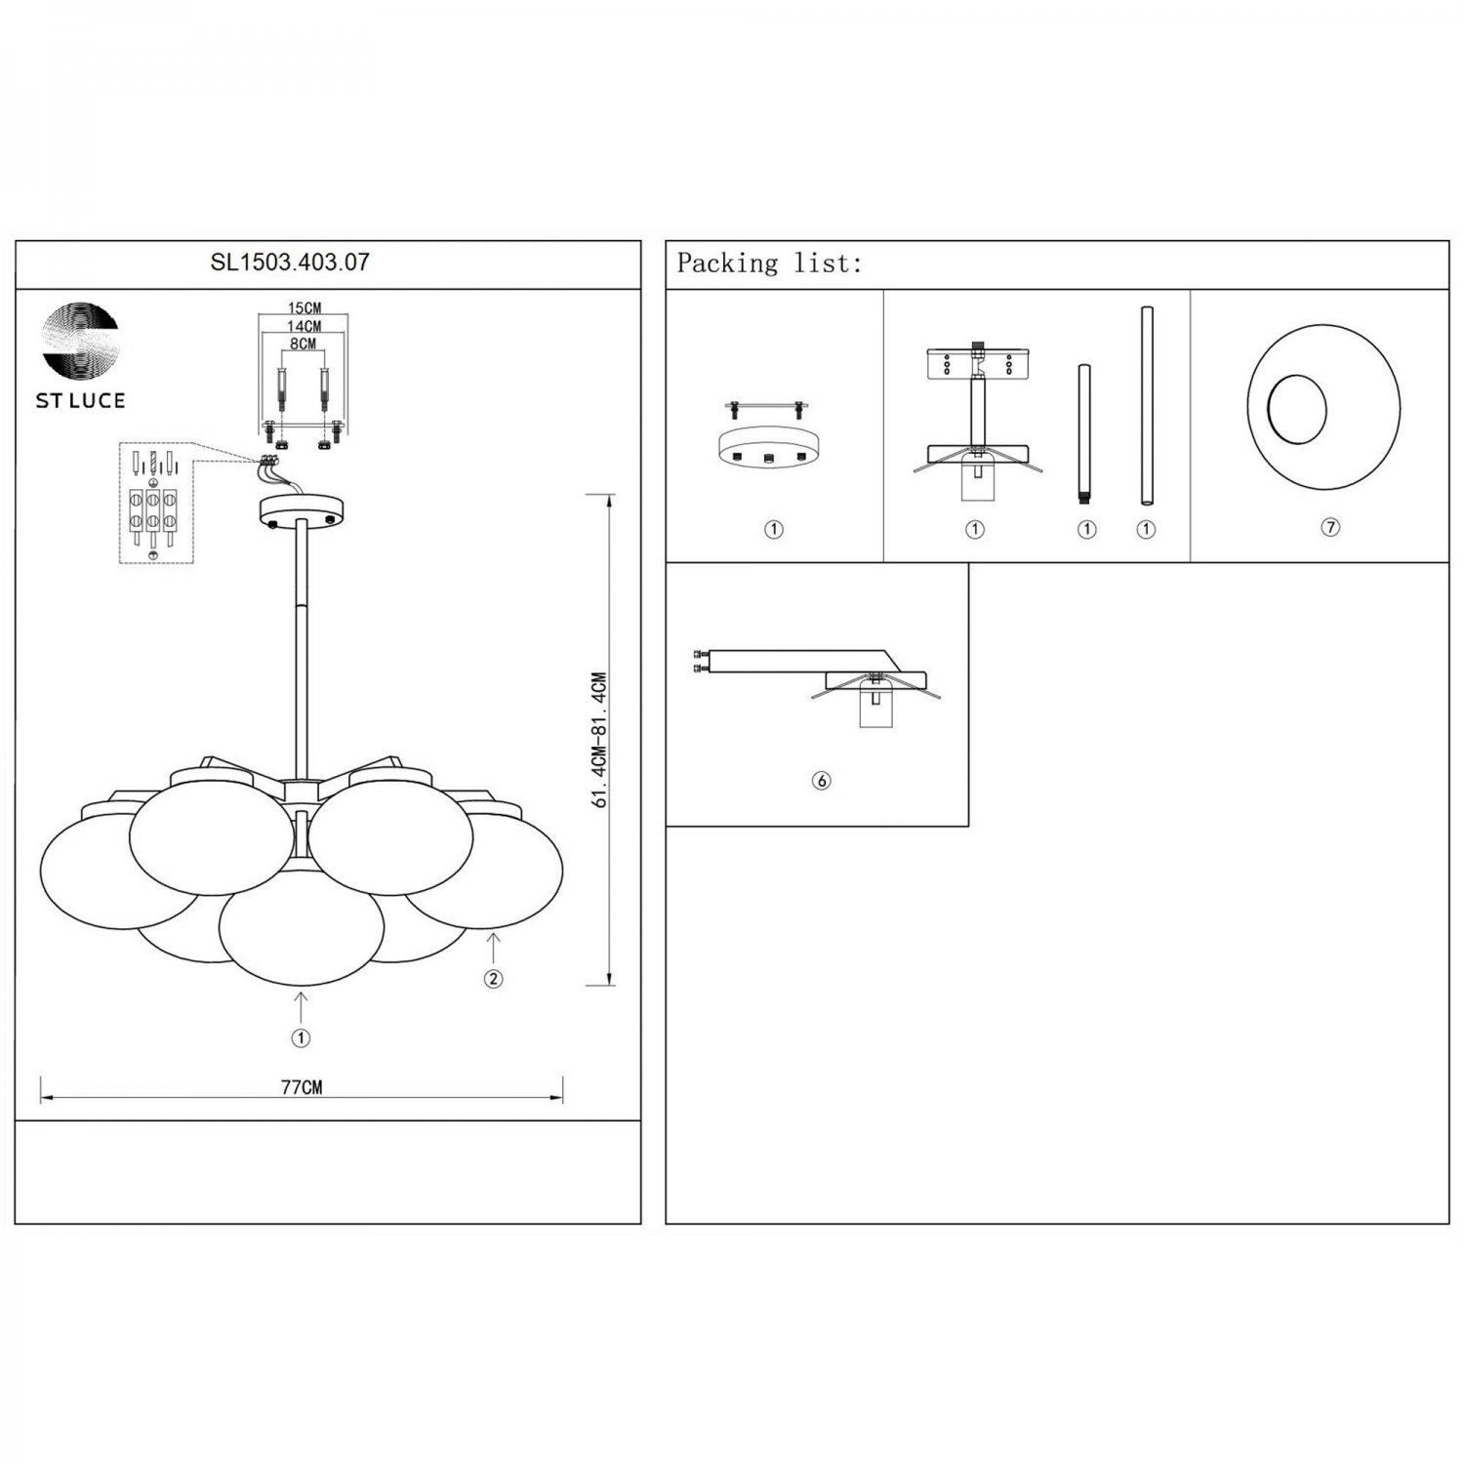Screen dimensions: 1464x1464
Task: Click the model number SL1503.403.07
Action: pyautogui.click(x=290, y=262)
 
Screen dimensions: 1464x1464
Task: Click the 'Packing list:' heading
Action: pyautogui.click(x=770, y=264)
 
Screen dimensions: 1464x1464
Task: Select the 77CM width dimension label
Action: pyautogui.click(x=302, y=1087)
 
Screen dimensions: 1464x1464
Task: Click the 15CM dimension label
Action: pyautogui.click(x=305, y=309)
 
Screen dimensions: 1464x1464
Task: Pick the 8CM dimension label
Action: pyautogui.click(x=304, y=344)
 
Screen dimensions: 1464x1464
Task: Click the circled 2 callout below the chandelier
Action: pyautogui.click(x=494, y=979)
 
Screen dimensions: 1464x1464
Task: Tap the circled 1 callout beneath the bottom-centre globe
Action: pyautogui.click(x=301, y=1038)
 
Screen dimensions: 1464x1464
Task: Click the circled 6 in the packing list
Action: pyautogui.click(x=822, y=781)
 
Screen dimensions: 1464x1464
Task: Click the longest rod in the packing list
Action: pyautogui.click(x=1147, y=406)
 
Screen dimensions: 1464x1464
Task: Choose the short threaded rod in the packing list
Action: pyautogui.click(x=1084, y=435)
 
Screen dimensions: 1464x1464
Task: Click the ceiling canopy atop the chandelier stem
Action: pyautogui.click(x=302, y=510)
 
